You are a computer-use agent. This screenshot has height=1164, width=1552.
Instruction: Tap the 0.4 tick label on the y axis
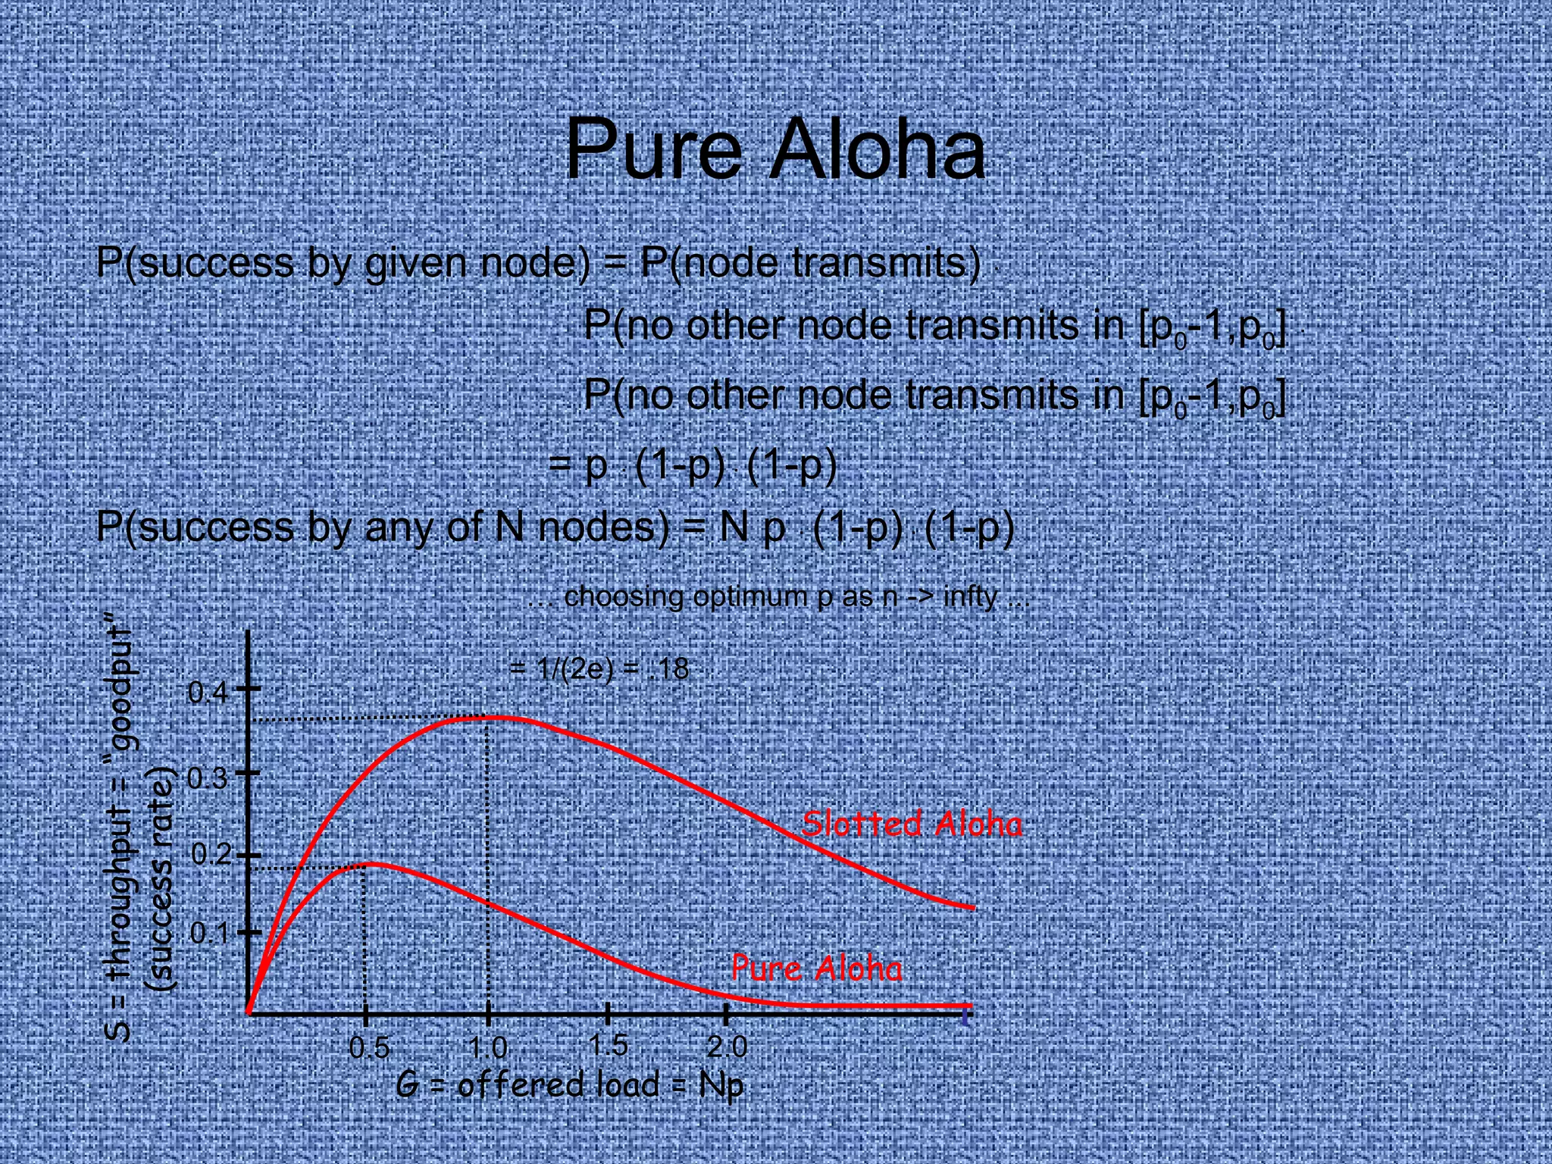click(207, 692)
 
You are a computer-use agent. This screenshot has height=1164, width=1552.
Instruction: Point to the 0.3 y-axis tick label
click(207, 778)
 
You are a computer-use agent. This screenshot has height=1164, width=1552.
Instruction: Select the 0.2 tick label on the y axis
click(210, 855)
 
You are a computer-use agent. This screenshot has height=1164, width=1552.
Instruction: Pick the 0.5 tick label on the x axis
click(369, 1048)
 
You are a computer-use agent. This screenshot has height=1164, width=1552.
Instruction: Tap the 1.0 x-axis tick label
click(487, 1048)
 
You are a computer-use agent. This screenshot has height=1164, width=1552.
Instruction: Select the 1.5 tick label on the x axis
click(608, 1046)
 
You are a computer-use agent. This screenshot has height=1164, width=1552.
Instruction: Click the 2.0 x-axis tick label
click(727, 1047)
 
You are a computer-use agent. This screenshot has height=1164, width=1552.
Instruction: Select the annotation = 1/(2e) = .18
click(599, 668)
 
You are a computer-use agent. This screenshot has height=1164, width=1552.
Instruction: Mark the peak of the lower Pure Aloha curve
click(371, 863)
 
